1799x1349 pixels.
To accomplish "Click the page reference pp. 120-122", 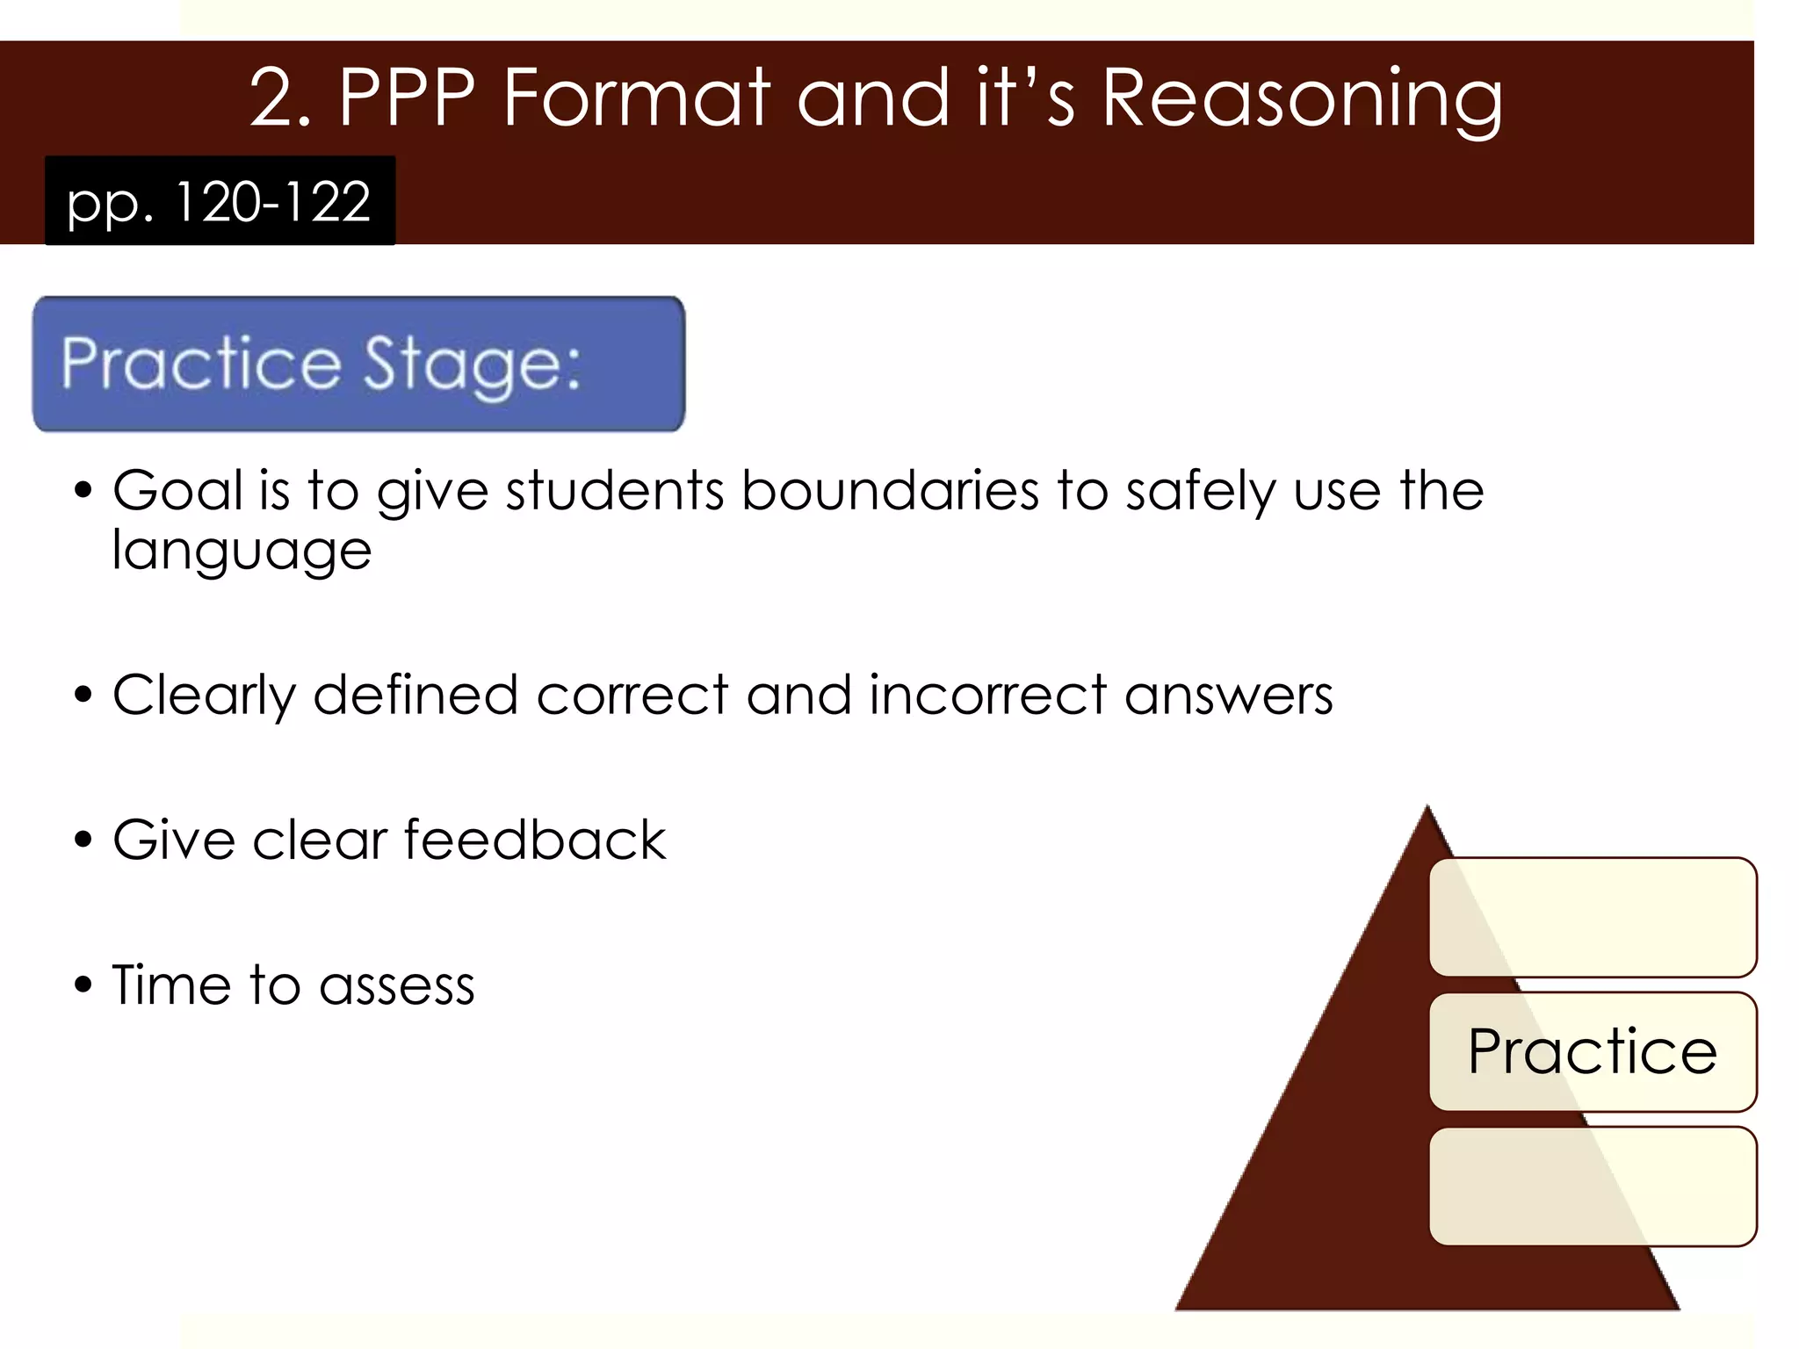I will (220, 201).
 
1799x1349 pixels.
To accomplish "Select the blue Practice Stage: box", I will (358, 364).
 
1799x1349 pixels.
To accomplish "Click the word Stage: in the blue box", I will (472, 364).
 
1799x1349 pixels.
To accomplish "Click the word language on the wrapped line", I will (242, 552).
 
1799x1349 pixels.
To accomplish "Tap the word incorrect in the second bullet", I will (987, 695).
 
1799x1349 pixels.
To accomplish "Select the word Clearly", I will (204, 695).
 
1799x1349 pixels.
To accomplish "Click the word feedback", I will (534, 840).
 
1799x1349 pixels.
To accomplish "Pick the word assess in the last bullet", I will (396, 985).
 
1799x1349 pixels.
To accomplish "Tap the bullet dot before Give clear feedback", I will (83, 840).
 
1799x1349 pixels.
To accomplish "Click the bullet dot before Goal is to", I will (83, 490).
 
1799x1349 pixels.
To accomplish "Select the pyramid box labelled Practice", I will (1592, 1051).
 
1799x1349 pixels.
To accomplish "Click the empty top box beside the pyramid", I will (1592, 917).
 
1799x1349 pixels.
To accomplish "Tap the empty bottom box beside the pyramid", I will (1592, 1186).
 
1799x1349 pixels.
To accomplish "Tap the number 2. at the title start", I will (279, 98).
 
